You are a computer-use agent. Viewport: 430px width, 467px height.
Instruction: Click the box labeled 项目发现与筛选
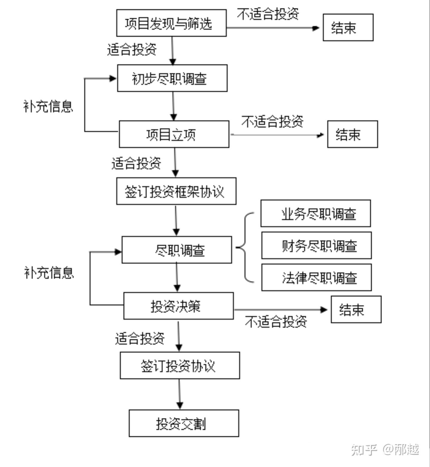pos(171,23)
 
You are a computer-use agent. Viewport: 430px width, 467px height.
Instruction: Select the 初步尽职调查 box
pos(172,78)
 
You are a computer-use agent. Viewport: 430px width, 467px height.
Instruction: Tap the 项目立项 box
pos(174,134)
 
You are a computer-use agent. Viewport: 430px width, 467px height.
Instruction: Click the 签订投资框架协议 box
pos(176,191)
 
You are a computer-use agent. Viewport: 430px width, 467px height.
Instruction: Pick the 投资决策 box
pos(179,306)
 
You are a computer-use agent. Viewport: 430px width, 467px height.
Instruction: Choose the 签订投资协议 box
pos(180,366)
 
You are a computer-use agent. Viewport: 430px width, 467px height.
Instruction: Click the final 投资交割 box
pos(184,423)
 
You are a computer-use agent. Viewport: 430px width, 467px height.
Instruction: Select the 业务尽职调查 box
pos(316,214)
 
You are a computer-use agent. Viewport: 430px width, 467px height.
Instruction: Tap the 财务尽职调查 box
pos(317,246)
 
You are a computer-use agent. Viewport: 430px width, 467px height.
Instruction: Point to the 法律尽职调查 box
pos(317,278)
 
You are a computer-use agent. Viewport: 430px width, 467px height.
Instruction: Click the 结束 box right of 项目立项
pos(352,134)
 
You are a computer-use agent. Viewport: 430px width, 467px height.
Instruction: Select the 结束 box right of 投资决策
pos(356,309)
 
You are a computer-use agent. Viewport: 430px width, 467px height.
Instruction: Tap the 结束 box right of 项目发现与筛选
pos(348,27)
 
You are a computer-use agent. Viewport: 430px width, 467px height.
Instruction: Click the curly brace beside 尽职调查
pos(245,247)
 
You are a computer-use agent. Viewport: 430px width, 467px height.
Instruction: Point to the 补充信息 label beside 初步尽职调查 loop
pos(48,106)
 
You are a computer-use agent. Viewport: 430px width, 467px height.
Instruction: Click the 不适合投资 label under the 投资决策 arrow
pos(276,322)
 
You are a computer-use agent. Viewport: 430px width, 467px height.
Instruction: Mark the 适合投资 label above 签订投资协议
pos(140,338)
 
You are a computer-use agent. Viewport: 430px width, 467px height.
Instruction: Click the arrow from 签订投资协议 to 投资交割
pos(179,394)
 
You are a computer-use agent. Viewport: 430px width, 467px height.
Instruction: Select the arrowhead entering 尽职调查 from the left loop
pos(118,252)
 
